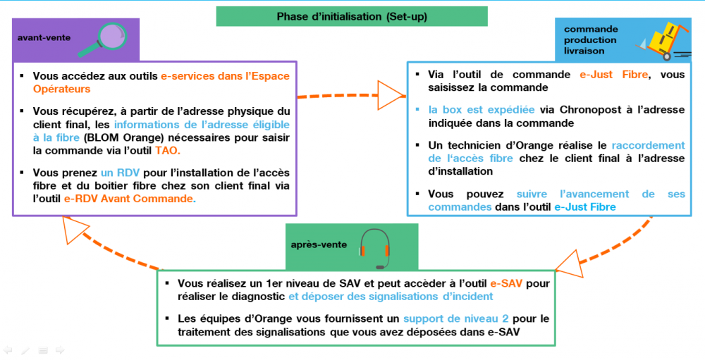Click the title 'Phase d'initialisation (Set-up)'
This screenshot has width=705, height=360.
click(x=352, y=17)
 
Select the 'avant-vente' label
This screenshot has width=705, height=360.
click(x=44, y=38)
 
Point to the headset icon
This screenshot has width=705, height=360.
click(x=374, y=249)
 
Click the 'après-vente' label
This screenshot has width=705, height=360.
click(x=319, y=245)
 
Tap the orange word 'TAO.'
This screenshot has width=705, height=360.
click(x=168, y=151)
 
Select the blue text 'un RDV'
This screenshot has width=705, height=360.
click(x=120, y=173)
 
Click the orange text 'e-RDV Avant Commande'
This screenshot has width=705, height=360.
click(x=128, y=199)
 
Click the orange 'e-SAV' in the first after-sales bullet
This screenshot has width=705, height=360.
click(x=506, y=284)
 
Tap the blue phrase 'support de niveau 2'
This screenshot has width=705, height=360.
click(x=456, y=318)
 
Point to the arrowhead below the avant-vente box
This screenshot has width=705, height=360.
click(x=75, y=230)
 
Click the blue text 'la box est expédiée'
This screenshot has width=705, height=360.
click(x=481, y=110)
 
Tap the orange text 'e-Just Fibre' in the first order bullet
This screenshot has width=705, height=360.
click(x=614, y=75)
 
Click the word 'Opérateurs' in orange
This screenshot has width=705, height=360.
click(x=61, y=89)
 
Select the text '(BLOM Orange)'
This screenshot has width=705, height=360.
click(x=118, y=137)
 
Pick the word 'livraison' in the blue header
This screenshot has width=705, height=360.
click(x=584, y=51)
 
